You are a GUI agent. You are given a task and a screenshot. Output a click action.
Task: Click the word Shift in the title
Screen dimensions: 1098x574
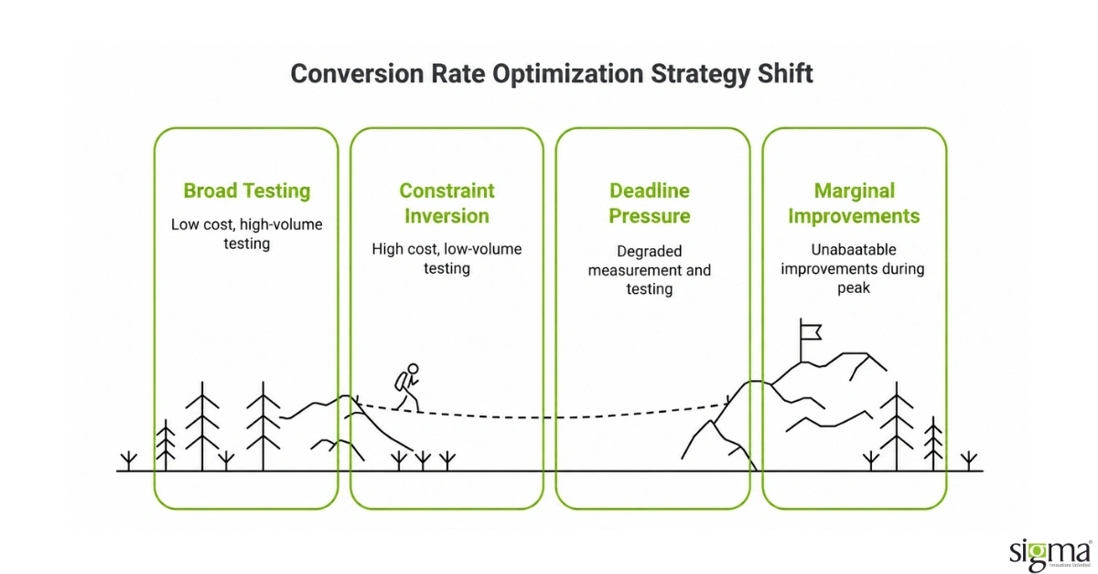tap(785, 73)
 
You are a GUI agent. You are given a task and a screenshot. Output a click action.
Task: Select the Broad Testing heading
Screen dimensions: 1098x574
tap(246, 190)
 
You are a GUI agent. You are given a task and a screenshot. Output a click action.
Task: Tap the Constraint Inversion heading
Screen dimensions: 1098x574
tap(447, 203)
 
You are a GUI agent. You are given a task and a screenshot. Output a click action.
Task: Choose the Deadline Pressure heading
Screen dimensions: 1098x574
tap(650, 203)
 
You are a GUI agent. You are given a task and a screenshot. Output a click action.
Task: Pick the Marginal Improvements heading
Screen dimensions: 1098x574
tap(854, 203)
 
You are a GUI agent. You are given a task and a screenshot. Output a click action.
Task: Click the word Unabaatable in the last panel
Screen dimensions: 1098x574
tap(854, 250)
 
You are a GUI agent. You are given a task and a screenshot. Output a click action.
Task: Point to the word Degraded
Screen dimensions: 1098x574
tap(650, 251)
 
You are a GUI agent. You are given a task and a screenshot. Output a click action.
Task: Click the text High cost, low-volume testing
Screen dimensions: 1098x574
tap(447, 258)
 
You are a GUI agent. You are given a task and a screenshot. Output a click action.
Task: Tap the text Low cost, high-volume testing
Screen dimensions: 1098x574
tap(246, 234)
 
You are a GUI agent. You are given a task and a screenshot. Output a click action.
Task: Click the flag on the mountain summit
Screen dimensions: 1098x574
tap(810, 332)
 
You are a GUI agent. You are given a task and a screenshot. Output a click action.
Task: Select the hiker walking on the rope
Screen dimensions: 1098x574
tap(408, 387)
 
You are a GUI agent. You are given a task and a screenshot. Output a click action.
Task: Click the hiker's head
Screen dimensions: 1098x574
tap(414, 368)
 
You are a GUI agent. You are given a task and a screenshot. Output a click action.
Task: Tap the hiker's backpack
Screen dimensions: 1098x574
tap(400, 381)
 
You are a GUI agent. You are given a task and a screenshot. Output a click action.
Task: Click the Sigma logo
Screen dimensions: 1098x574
tap(1050, 556)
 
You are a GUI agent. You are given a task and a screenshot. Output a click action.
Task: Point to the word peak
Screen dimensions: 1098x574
tap(854, 287)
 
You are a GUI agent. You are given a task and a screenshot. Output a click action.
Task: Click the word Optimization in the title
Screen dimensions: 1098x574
tap(567, 73)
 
